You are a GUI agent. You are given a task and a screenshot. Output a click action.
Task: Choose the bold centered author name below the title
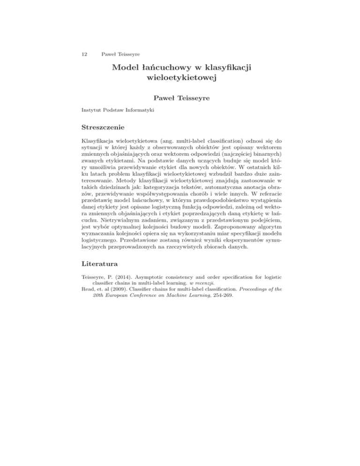(180, 98)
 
